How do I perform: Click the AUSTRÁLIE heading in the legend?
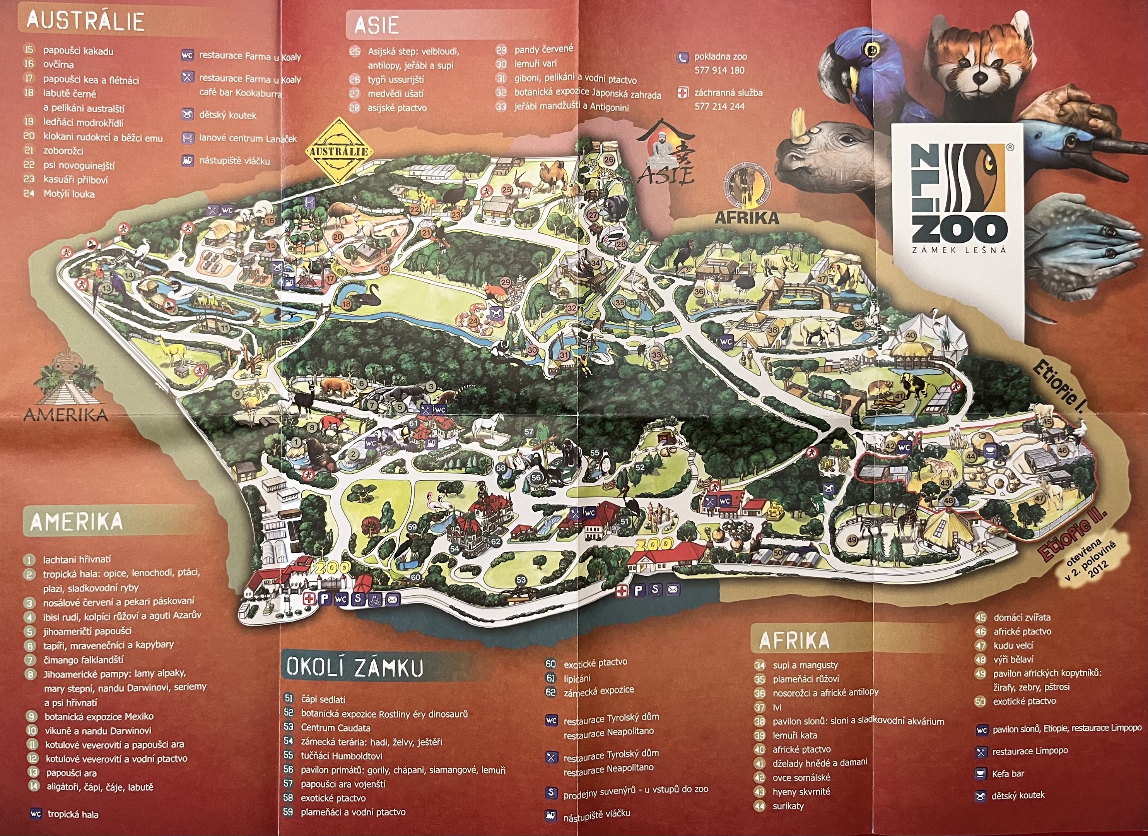[x=85, y=21]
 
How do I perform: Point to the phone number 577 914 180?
[x=719, y=70]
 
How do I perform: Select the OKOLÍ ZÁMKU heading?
[x=354, y=667]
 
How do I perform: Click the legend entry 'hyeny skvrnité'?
[x=801, y=791]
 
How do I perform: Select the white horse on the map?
[x=489, y=425]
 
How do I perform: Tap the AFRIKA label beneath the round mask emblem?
[x=746, y=218]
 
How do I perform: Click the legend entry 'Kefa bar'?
[x=1008, y=774]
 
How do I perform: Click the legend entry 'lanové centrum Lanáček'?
[x=248, y=138]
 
